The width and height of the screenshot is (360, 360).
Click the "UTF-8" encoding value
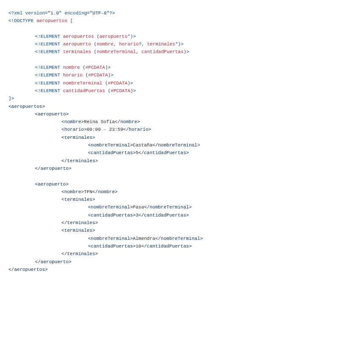(x=99, y=13)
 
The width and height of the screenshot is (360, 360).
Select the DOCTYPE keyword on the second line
(x=22, y=21)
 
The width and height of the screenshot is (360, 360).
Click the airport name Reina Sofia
(x=99, y=122)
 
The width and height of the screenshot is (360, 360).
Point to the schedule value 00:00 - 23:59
(x=105, y=129)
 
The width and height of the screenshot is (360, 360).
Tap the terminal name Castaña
(x=143, y=145)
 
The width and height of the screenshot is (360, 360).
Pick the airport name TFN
(x=88, y=192)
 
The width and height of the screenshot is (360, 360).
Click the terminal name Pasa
(x=138, y=207)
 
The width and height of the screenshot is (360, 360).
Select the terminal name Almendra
(x=144, y=239)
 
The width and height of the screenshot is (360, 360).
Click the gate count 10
(x=138, y=246)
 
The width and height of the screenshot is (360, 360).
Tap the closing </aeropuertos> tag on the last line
(x=28, y=270)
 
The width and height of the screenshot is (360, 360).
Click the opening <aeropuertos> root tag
(x=27, y=107)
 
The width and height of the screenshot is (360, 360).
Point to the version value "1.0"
(x=55, y=13)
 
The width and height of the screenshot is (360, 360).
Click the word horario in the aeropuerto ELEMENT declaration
(x=129, y=44)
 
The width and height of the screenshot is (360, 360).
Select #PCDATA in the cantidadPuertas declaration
(x=120, y=91)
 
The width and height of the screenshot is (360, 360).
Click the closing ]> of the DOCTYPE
(x=11, y=98)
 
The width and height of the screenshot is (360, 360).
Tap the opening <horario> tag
(x=74, y=129)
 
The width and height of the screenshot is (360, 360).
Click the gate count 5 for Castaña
(x=137, y=153)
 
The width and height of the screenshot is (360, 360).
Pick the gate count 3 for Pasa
(x=137, y=215)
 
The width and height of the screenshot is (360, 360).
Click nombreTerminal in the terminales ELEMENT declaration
(x=116, y=52)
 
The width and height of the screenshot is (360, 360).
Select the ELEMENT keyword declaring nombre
(x=49, y=67)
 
